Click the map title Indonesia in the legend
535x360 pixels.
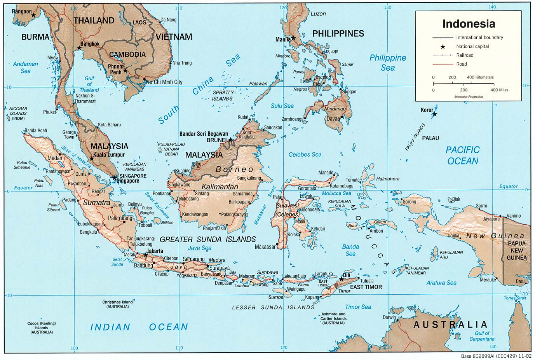pyautogui.click(x=469, y=24)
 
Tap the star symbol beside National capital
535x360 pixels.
pyautogui.click(x=443, y=47)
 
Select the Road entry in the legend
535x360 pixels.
pyautogui.click(x=462, y=64)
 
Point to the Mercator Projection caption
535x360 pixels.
pyautogui.click(x=469, y=97)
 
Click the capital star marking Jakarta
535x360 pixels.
pyautogui.click(x=146, y=255)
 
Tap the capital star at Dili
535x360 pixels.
pyautogui.click(x=341, y=279)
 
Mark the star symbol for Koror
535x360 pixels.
pyautogui.click(x=435, y=114)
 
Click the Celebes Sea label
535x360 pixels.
pyautogui.click(x=305, y=155)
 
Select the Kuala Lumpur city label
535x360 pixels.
pyautogui.click(x=110, y=155)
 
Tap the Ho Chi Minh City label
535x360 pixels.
pyautogui.click(x=164, y=82)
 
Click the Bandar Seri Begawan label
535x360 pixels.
pyautogui.click(x=204, y=134)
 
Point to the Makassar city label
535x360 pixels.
pyautogui.click(x=265, y=247)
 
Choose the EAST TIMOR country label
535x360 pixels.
pyautogui.click(x=366, y=287)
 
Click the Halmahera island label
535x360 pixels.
pyautogui.click(x=387, y=179)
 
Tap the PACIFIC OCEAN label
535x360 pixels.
pyautogui.click(x=462, y=155)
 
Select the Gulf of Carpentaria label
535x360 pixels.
pyautogui.click(x=482, y=336)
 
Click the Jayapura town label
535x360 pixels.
pyautogui.click(x=491, y=219)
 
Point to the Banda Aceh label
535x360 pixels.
pyautogui.click(x=36, y=131)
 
